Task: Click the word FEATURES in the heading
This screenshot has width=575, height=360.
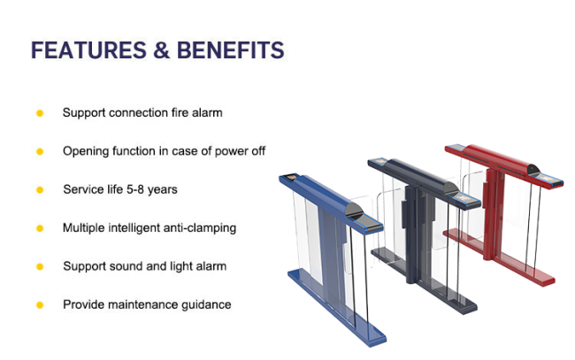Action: pos(88,50)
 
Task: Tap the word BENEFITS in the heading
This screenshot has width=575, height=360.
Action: pos(231,50)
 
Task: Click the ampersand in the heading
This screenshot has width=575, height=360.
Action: pos(162,50)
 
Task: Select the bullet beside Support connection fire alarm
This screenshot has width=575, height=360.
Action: pos(40,113)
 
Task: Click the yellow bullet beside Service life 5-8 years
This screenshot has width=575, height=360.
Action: pos(40,190)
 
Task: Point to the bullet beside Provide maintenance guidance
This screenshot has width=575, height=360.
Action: pos(40,305)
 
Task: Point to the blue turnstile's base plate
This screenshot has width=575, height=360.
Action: pos(336,308)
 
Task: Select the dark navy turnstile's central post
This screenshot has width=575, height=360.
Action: pos(413,234)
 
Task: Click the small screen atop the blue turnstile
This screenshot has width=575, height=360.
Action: pos(292,177)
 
